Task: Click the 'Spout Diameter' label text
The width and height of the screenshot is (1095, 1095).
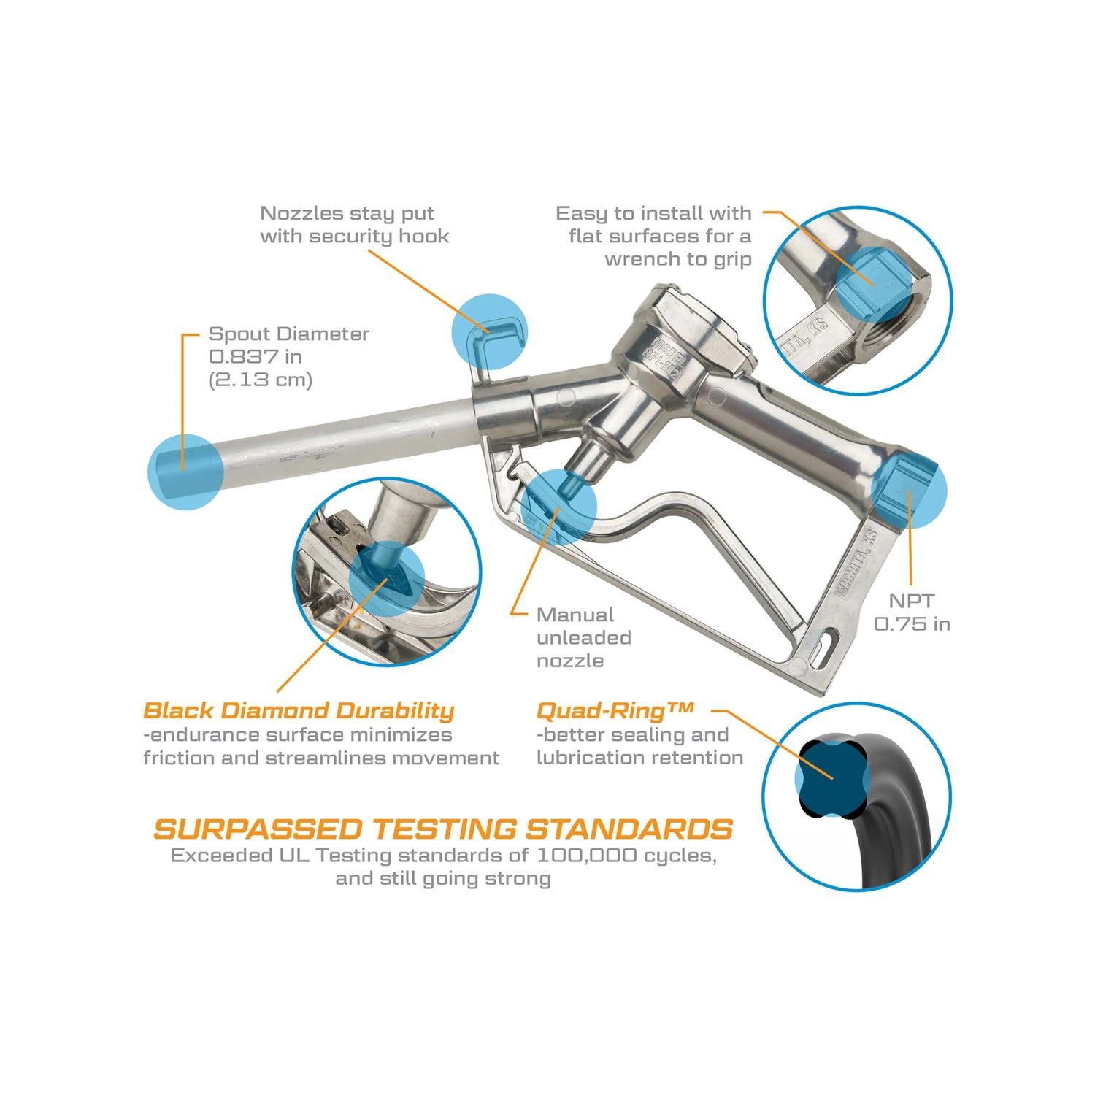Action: pos(288,334)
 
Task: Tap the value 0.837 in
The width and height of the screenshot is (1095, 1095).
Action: pos(255,357)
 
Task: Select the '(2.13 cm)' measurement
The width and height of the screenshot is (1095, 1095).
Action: pos(260,380)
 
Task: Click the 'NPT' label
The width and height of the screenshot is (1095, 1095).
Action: pos(911,601)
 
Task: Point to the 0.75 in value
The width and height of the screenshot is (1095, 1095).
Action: pos(912,624)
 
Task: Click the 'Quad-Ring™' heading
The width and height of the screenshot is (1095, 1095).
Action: pos(614,710)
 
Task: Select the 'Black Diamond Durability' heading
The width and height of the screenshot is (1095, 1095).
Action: pos(299,710)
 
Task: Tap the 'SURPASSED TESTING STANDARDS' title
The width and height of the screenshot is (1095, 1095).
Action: pos(443,829)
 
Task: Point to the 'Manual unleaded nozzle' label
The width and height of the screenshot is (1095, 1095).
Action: pos(583,638)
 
